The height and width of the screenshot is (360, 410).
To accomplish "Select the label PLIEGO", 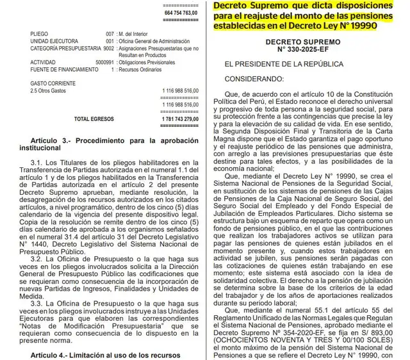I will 31,33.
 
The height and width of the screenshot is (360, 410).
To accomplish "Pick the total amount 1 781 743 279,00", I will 169,119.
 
